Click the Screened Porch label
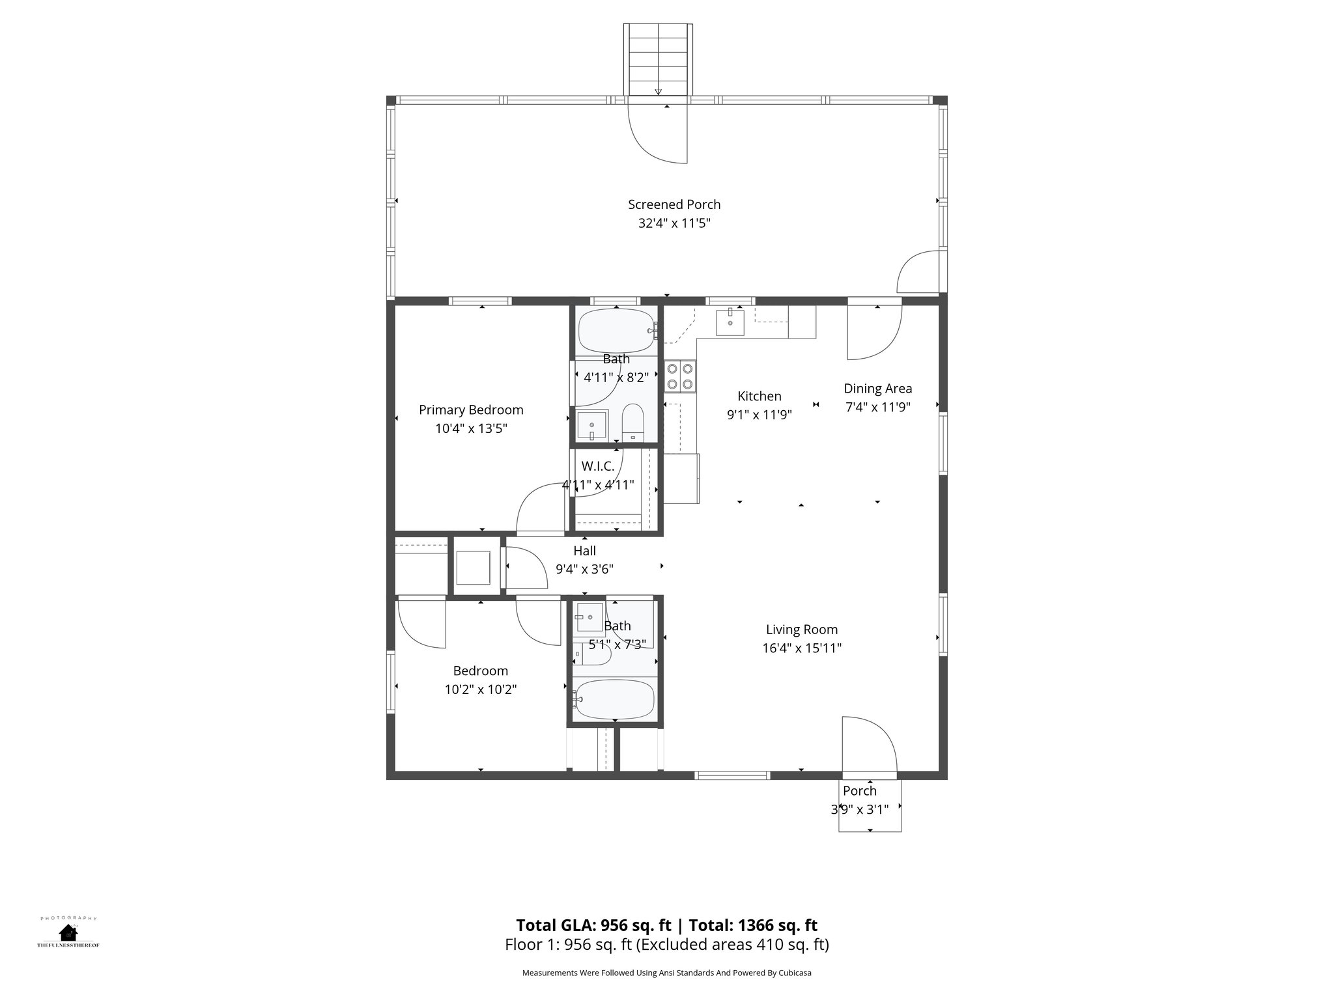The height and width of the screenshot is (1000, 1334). (x=674, y=204)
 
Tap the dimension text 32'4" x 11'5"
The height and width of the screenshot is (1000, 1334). (x=674, y=223)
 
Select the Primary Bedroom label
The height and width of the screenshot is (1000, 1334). (x=471, y=410)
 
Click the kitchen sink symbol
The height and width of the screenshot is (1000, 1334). (x=730, y=322)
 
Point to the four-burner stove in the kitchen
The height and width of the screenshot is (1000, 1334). (x=680, y=376)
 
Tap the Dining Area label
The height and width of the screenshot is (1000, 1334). (x=877, y=389)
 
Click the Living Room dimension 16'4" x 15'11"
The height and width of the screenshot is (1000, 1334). (x=802, y=648)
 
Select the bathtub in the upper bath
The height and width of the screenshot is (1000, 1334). (x=616, y=331)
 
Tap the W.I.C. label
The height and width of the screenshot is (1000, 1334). (x=597, y=466)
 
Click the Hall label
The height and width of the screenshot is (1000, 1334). (x=584, y=551)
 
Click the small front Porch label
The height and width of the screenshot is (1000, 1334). (x=859, y=791)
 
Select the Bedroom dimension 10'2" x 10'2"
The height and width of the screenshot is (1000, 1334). (x=481, y=689)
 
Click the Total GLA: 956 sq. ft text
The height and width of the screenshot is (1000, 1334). (x=593, y=925)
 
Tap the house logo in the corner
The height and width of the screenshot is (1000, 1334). (x=68, y=932)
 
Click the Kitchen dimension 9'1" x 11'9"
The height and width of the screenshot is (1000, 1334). (x=759, y=415)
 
